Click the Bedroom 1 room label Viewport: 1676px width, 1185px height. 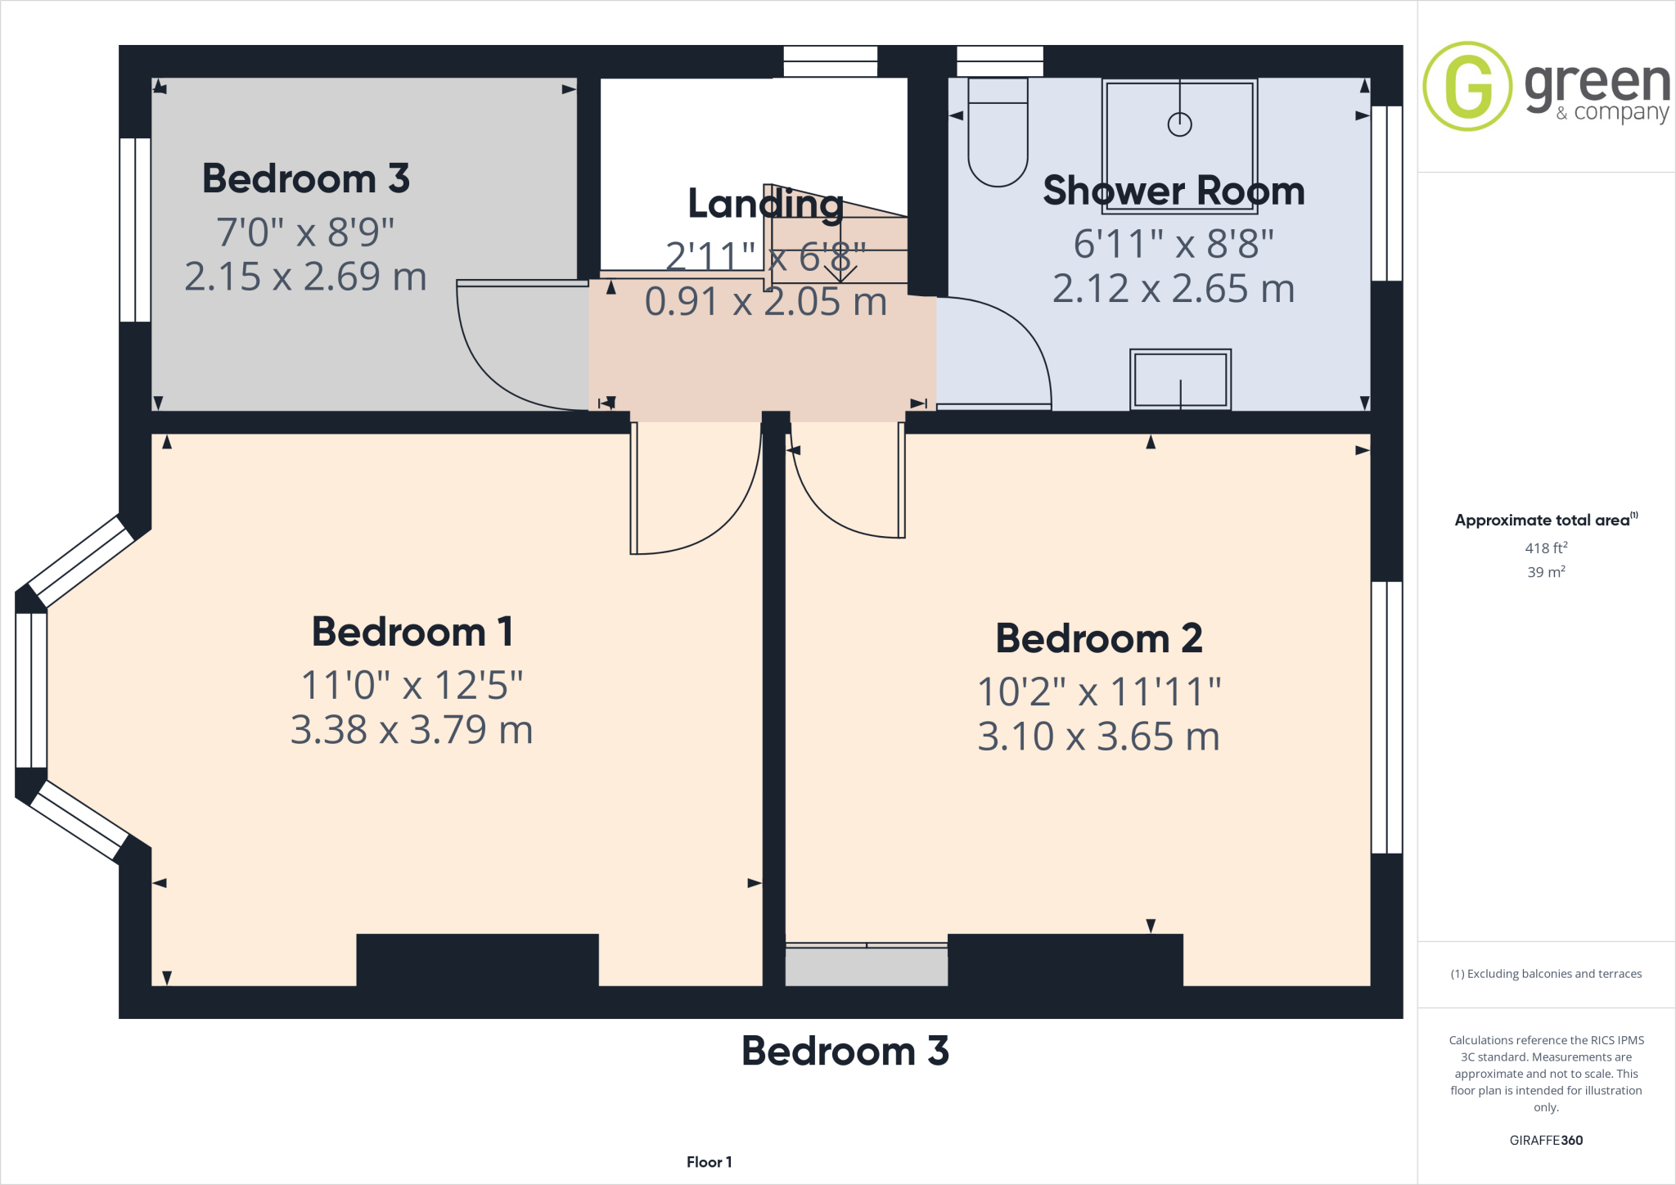(x=412, y=632)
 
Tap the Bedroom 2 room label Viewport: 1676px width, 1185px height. (x=1098, y=638)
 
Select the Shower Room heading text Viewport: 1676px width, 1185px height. (x=1174, y=191)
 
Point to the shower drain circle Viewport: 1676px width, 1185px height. (x=1179, y=124)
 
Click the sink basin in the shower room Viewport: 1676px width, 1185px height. (x=1180, y=380)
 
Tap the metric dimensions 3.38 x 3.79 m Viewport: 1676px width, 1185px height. (x=412, y=730)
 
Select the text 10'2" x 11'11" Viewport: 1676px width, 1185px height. (x=1098, y=692)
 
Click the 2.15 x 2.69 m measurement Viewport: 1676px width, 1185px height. (x=305, y=277)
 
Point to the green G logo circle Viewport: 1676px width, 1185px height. (x=1467, y=86)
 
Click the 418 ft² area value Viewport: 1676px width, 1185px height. (x=1545, y=548)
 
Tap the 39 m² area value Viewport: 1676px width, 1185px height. (x=1545, y=572)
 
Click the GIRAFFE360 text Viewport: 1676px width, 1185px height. (x=1546, y=1140)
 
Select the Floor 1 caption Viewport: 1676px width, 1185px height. (x=709, y=1162)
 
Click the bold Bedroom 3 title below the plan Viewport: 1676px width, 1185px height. (x=845, y=1052)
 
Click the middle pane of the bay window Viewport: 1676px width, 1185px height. (x=31, y=690)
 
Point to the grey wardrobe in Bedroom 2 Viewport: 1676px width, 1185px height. (x=866, y=966)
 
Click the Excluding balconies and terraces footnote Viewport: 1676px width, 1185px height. (x=1546, y=974)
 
